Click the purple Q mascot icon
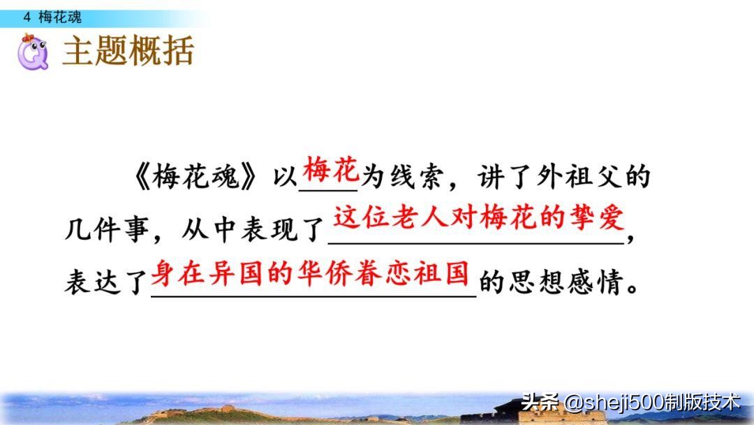[x=33, y=52]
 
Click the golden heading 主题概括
[x=128, y=50]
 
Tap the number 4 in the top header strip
[x=27, y=17]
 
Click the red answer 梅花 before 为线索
[x=331, y=170]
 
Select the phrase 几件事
[x=107, y=229]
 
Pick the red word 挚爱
[x=596, y=217]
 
